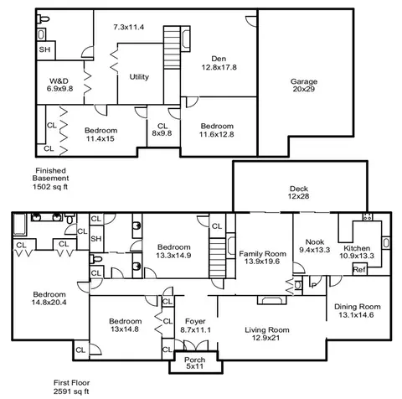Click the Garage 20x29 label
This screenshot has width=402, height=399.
coord(304,85)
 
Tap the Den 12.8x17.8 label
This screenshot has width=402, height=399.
coord(219,63)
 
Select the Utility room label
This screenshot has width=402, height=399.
coord(139,76)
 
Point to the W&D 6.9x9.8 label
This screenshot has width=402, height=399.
coord(59,85)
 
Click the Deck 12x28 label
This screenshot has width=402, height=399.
coord(298,193)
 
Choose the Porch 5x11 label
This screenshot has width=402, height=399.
coord(195,363)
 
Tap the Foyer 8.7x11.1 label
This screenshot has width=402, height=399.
coord(195,325)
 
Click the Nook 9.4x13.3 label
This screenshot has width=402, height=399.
coord(315,246)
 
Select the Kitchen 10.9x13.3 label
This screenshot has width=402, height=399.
coord(357,252)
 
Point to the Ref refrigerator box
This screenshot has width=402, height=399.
coord(360,269)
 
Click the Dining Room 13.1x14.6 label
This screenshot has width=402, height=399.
coord(358,311)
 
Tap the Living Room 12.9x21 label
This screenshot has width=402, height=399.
coord(267,334)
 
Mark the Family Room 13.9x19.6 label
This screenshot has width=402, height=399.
coord(262,257)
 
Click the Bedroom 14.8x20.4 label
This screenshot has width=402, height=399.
coord(49,298)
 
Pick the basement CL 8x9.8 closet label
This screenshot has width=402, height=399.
coord(162,130)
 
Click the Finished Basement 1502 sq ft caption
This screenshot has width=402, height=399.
coord(50,179)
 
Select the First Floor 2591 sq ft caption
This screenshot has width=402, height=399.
coord(72,386)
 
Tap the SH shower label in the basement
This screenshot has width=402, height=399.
coord(44,49)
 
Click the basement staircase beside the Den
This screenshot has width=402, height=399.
coord(172,47)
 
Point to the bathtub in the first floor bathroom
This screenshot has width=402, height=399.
coord(20,225)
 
